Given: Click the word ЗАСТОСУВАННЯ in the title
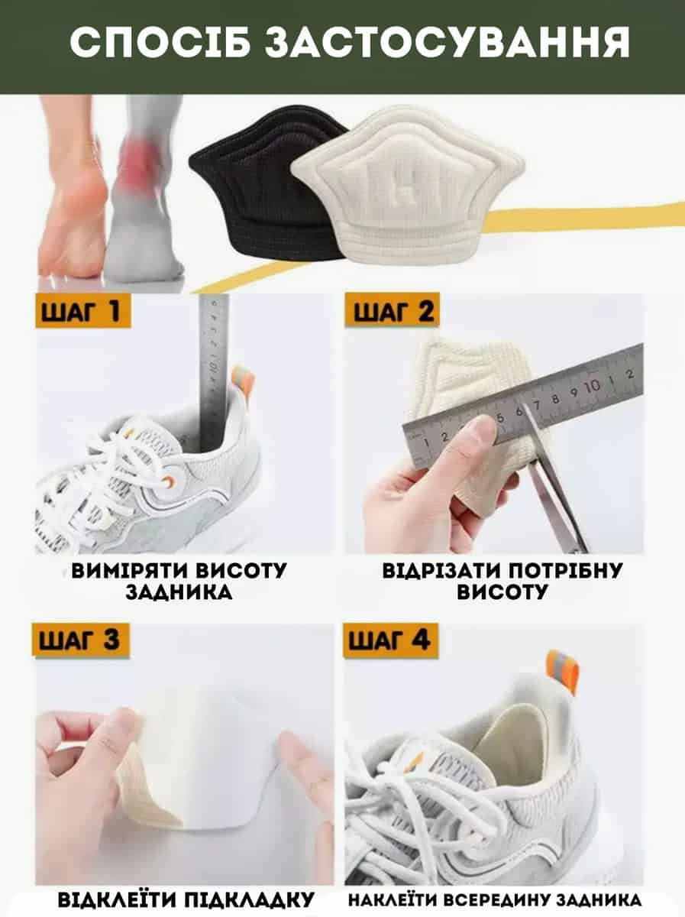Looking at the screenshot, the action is tap(448, 42).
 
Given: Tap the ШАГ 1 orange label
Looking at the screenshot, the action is tap(82, 310).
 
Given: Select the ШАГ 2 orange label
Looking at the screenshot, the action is tap(393, 310).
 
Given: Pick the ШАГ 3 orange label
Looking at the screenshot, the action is tap(80, 640).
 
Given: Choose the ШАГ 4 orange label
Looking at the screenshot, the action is tap(391, 640).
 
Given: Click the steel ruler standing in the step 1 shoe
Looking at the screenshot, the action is tap(213, 372).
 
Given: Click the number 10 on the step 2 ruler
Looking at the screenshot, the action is tap(593, 386).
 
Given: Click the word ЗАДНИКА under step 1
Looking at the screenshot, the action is tap(179, 592).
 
